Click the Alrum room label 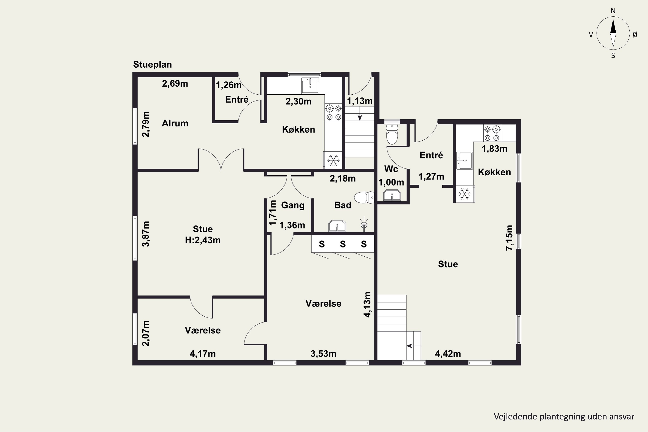(x=175, y=123)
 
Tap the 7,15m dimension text (x=509, y=238)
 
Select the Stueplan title (x=152, y=64)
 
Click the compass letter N (x=613, y=11)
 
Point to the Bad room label (x=343, y=205)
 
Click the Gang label (x=293, y=205)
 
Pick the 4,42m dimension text (x=448, y=354)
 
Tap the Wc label (x=391, y=169)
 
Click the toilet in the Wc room (x=392, y=134)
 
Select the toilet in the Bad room (x=364, y=198)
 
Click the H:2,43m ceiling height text (x=203, y=240)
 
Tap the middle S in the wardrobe (x=343, y=244)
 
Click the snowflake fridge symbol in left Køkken (x=333, y=160)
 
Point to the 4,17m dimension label (x=203, y=354)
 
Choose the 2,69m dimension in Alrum (x=175, y=83)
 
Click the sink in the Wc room (x=392, y=195)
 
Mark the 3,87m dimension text (x=146, y=234)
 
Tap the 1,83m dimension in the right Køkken (x=494, y=149)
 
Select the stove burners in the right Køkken (x=492, y=133)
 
